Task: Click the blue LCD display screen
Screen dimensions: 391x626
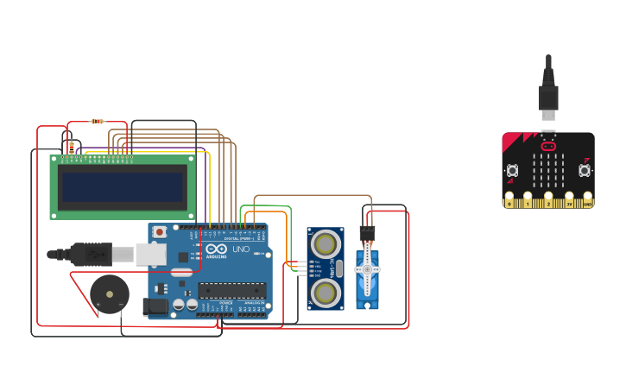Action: [x=122, y=186]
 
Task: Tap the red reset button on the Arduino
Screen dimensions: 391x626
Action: [x=160, y=231]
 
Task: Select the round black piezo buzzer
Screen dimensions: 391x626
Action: [x=110, y=294]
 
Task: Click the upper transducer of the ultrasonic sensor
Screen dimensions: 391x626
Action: [x=325, y=241]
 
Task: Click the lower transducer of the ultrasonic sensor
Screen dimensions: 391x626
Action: [x=325, y=293]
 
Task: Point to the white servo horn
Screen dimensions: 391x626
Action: [x=367, y=270]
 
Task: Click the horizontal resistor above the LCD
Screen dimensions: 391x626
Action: [x=97, y=122]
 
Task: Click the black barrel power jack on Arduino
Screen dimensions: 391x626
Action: [x=155, y=306]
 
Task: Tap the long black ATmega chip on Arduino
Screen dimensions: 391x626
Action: [x=232, y=289]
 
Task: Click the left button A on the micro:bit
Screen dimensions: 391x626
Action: [x=512, y=170]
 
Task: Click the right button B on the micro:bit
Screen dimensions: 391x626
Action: [x=585, y=170]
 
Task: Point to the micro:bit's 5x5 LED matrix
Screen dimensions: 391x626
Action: [x=548, y=171]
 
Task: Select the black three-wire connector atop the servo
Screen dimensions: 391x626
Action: [x=367, y=232]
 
